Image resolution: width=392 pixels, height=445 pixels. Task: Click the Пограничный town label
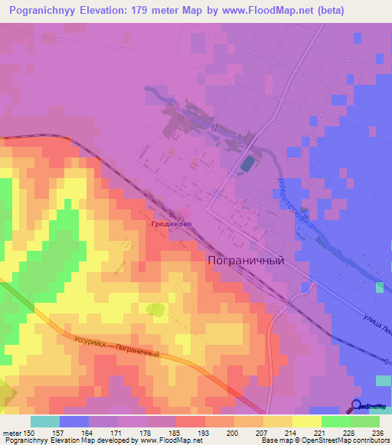(246, 260)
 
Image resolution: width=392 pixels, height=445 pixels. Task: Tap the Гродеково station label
(171, 225)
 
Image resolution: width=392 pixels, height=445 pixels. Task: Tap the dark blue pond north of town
(247, 164)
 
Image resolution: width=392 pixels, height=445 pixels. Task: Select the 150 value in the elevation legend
(29, 432)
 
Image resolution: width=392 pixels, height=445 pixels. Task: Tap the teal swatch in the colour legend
(44, 421)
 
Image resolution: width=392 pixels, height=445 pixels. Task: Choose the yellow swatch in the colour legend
(306, 421)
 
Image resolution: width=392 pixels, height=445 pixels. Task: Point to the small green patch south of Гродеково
(156, 309)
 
